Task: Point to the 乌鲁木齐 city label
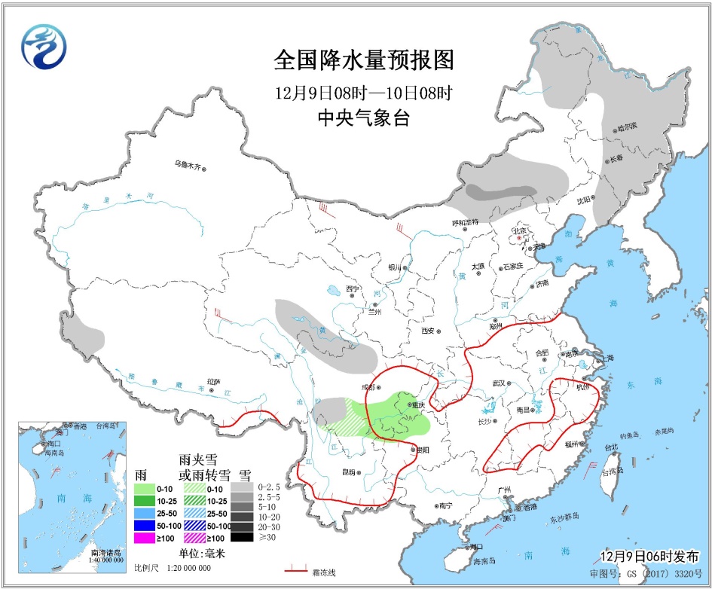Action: tap(188, 163)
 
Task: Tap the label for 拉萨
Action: tap(213, 382)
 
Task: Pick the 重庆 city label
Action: tap(417, 404)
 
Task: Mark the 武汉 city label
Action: tap(498, 383)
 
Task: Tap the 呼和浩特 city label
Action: tap(465, 222)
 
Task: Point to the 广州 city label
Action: tap(505, 490)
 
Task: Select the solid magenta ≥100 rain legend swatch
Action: tap(145, 537)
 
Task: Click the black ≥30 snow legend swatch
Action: tap(242, 537)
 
